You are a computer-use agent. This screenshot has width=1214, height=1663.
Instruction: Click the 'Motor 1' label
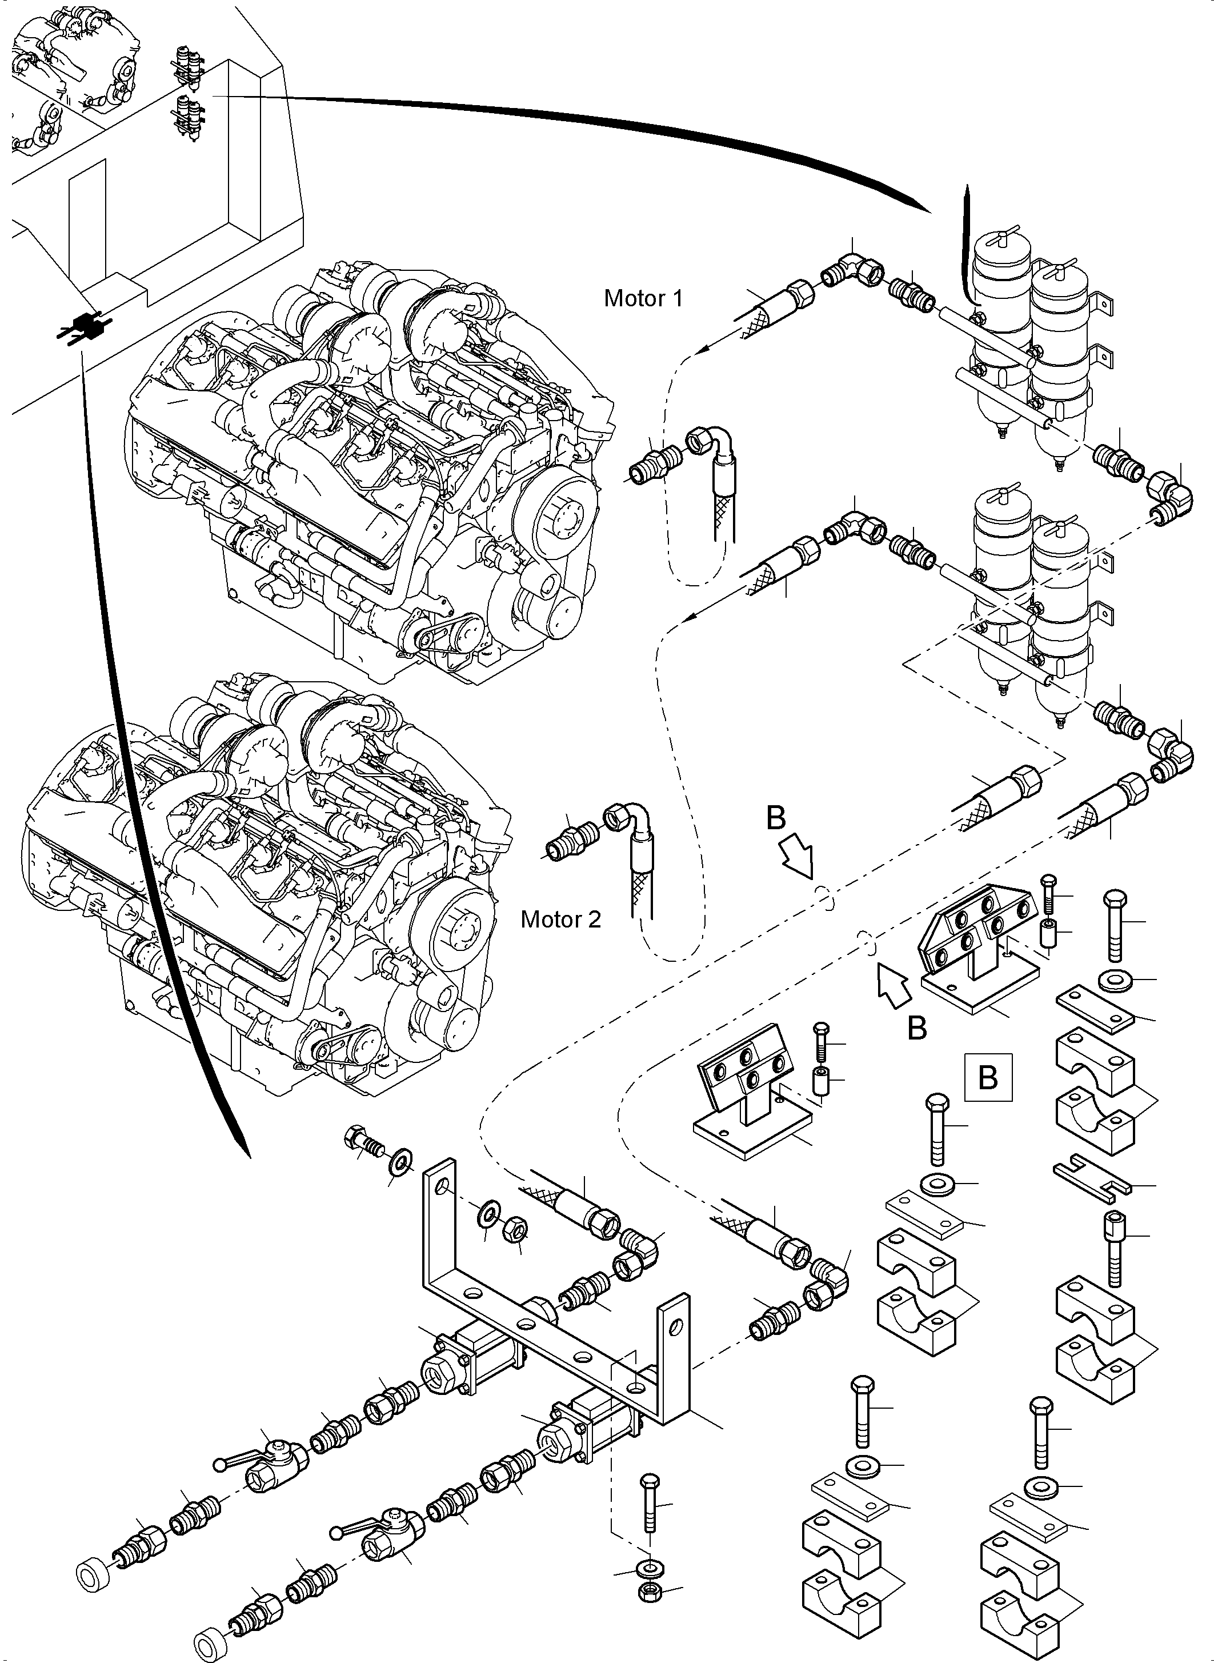coord(643,298)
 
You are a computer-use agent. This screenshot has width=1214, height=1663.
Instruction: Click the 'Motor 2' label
coord(560,920)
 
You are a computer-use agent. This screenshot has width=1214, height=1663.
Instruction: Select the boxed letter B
coord(988,1078)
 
